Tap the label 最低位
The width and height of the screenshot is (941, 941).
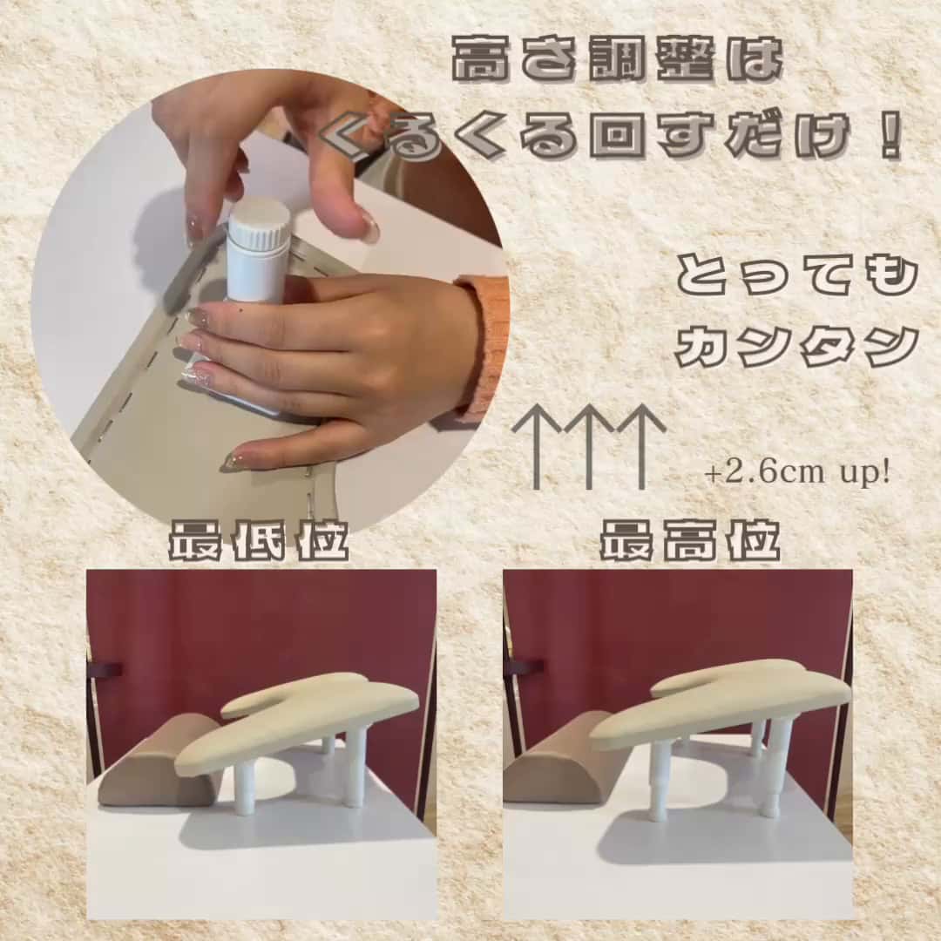[x=258, y=541]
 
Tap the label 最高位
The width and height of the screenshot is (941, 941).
[x=690, y=541]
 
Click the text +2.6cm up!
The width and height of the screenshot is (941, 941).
[x=797, y=473]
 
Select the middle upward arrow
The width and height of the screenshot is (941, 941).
[x=589, y=446]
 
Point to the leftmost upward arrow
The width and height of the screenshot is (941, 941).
[x=537, y=446]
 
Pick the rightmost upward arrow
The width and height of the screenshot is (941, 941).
[x=641, y=446]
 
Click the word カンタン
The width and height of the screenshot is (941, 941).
[x=797, y=346]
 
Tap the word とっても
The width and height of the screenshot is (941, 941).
[x=797, y=277]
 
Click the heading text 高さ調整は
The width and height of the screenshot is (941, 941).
[x=618, y=60]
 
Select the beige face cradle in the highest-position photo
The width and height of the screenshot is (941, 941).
[x=721, y=702]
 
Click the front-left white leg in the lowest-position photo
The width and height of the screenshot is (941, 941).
[x=244, y=782]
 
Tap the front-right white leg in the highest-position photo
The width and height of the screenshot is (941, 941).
[x=775, y=768]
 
